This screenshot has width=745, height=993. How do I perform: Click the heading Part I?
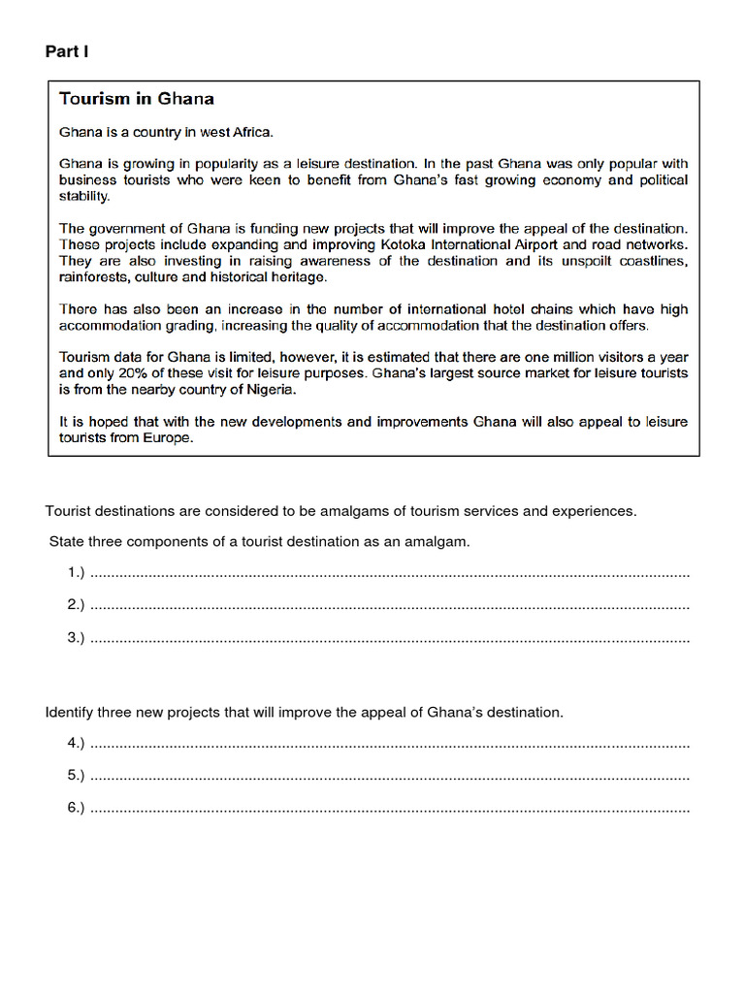point(67,51)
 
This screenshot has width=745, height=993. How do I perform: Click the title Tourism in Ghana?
point(137,99)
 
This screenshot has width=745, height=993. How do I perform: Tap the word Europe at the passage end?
point(171,438)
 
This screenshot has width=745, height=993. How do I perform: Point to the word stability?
point(84,196)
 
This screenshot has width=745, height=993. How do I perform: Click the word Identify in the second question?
point(69,713)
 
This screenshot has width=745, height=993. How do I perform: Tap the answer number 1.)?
point(77,573)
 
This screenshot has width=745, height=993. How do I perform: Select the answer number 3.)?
point(77,637)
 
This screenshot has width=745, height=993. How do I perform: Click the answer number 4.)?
point(77,743)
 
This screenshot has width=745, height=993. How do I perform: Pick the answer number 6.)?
point(77,807)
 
